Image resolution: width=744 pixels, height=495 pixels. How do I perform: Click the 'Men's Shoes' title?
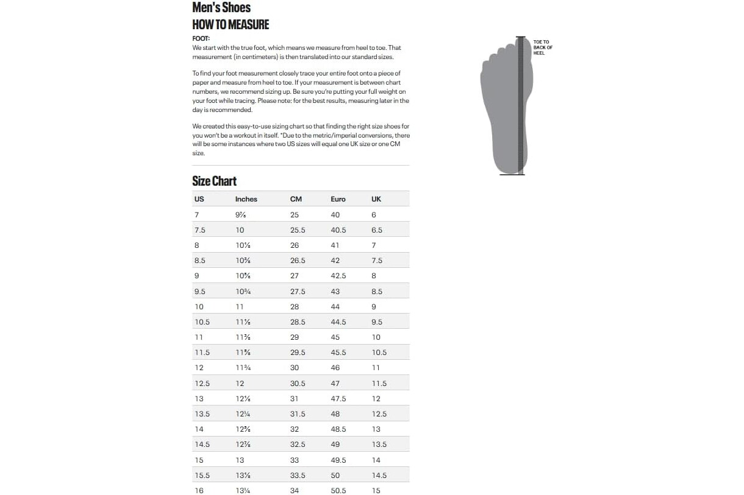coord(221,8)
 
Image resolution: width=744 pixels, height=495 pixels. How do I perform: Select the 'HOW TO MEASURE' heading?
coord(231,25)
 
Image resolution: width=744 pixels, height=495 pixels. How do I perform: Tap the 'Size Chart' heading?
coord(214,181)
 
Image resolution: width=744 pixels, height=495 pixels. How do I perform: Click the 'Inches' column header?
coord(246,199)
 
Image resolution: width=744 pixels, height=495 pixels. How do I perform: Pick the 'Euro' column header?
coord(338,199)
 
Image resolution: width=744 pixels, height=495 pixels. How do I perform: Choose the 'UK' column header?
coord(376,199)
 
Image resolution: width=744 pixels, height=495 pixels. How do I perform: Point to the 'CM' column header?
coord(296,199)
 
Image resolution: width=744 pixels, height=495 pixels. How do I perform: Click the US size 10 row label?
coord(199,307)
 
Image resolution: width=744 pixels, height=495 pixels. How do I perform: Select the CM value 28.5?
coord(298,322)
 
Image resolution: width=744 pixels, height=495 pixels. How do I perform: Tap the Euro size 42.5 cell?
coord(338,276)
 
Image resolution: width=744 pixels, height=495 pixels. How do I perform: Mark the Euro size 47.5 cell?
coord(338,399)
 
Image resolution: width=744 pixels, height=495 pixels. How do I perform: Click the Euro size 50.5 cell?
coord(338,491)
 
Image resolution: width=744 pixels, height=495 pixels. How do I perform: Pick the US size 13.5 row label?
coord(202,414)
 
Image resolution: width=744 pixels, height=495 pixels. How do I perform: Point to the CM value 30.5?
coord(298,384)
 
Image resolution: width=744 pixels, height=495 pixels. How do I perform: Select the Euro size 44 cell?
coord(335,307)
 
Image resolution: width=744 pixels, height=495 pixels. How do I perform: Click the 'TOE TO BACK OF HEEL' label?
coord(543,47)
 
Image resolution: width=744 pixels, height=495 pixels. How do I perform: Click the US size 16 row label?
coord(199,491)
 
